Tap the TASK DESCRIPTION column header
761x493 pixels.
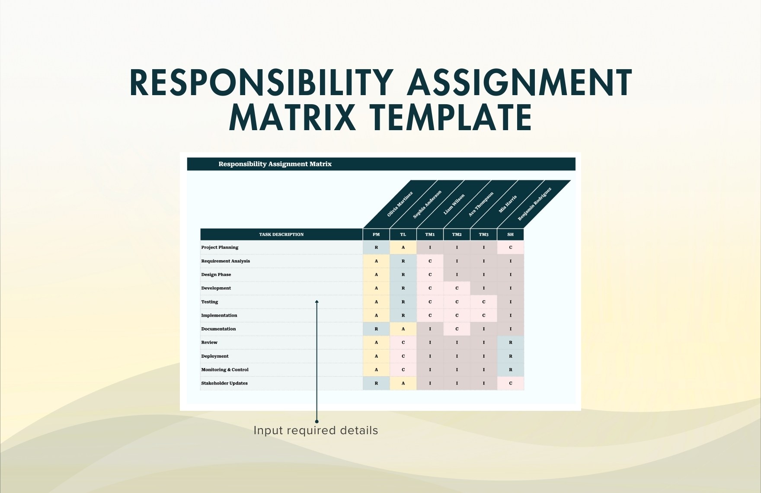tap(281, 234)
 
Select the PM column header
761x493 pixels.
tap(376, 234)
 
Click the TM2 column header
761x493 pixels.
tap(457, 234)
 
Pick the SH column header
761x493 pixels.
tap(511, 234)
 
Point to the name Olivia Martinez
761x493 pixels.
tap(400, 204)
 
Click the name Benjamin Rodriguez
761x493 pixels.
tap(534, 204)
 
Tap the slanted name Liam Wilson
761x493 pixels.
tap(454, 204)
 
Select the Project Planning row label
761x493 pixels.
tap(220, 247)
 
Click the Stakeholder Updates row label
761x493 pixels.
tap(224, 383)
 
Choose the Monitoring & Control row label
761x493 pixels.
tap(225, 370)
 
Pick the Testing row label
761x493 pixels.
tap(210, 302)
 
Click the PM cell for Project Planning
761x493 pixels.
tap(376, 247)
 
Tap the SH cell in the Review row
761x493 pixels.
tap(511, 343)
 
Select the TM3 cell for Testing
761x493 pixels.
tap(483, 302)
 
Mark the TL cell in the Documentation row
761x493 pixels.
tap(403, 329)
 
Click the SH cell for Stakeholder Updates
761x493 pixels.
tap(511, 383)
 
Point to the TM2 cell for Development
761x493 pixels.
tap(457, 288)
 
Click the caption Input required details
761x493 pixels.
tap(316, 430)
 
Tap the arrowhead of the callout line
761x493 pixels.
tap(317, 302)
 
